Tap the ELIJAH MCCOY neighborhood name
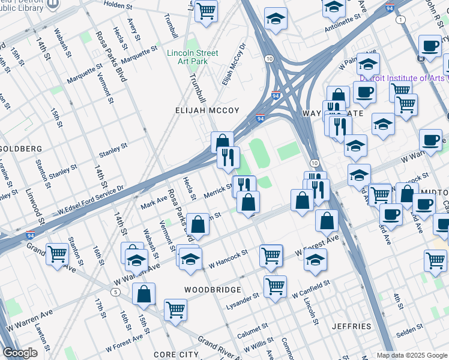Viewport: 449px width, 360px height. click(207, 110)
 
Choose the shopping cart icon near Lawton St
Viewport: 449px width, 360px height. click(56, 254)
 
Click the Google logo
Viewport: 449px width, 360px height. click(20, 353)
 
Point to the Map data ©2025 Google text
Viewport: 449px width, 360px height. click(412, 355)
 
